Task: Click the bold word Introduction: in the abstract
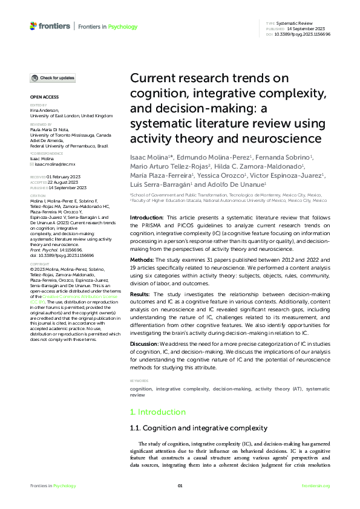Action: (x=147, y=217)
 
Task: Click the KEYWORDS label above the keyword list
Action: (x=139, y=380)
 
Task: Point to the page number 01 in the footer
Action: (x=180, y=486)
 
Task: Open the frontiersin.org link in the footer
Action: (x=315, y=486)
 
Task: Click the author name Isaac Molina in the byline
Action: (x=148, y=157)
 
